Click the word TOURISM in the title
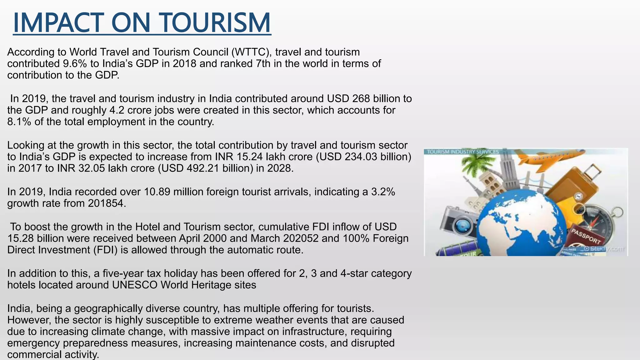pyautogui.click(x=216, y=22)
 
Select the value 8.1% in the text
pyautogui.click(x=19, y=122)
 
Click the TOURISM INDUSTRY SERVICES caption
pyautogui.click(x=463, y=152)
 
